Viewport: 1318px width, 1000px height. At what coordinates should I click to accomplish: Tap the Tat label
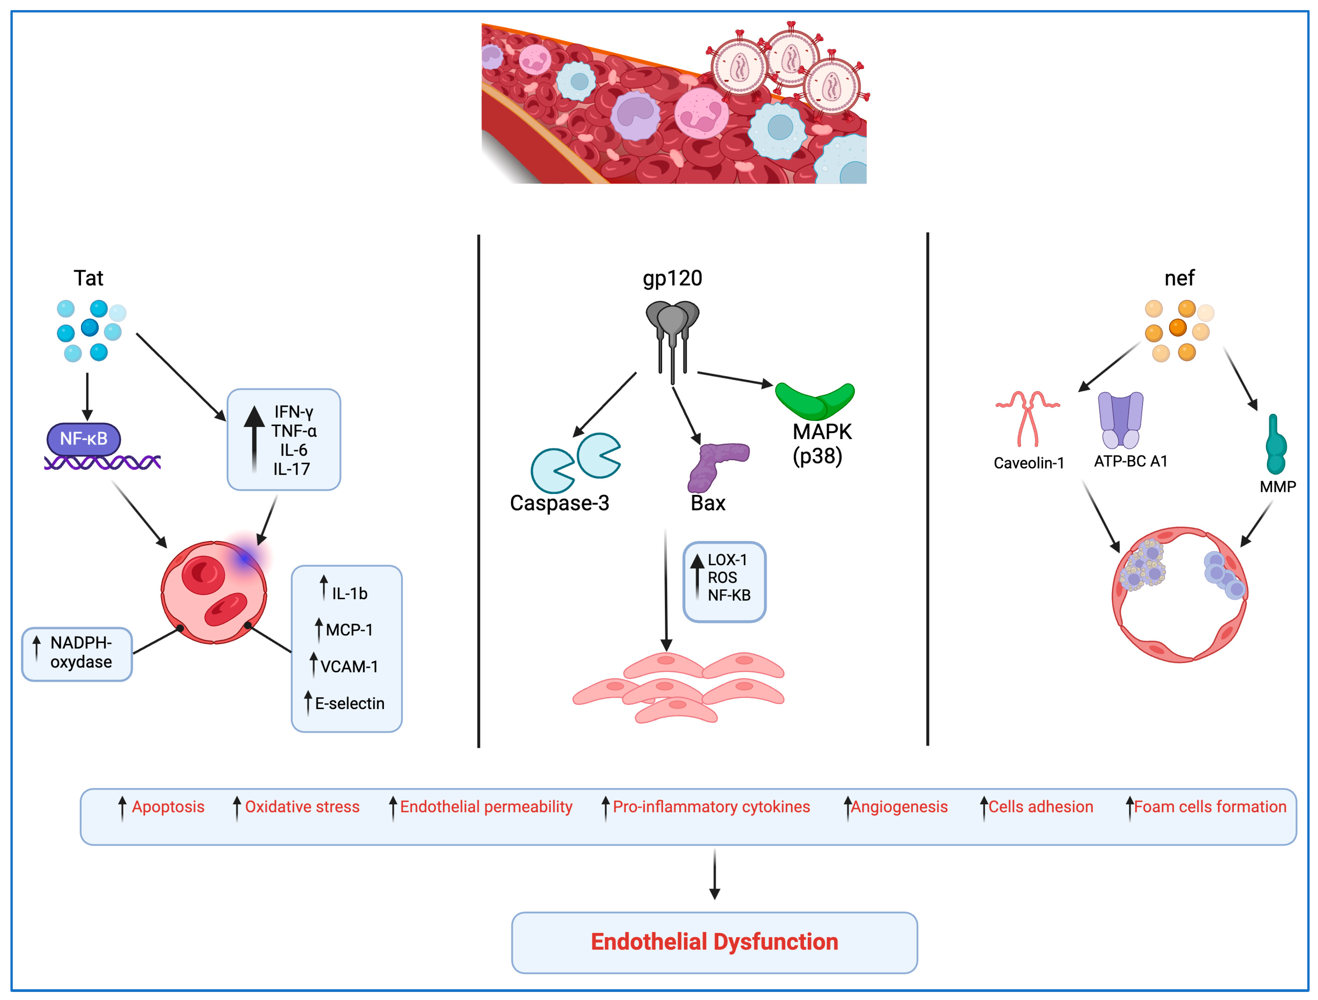pyautogui.click(x=88, y=278)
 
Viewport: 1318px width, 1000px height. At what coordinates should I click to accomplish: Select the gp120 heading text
pyautogui.click(x=672, y=278)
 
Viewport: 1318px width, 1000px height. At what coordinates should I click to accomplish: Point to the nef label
pyautogui.click(x=1179, y=278)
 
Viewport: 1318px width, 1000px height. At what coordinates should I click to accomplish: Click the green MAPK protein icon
pyautogui.click(x=814, y=401)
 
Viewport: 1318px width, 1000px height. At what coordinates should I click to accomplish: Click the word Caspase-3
pyautogui.click(x=559, y=503)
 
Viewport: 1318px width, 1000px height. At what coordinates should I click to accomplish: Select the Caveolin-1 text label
pyautogui.click(x=1029, y=463)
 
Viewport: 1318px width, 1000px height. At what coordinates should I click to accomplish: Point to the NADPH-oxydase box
pyautogui.click(x=77, y=653)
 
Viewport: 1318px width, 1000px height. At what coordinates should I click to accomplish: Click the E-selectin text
pyautogui.click(x=350, y=704)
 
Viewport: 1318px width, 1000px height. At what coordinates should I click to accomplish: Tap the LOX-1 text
pyautogui.click(x=727, y=560)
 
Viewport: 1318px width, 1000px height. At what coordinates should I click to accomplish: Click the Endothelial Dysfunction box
pyautogui.click(x=714, y=941)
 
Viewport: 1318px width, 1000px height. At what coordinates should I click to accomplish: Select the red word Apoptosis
pyautogui.click(x=168, y=807)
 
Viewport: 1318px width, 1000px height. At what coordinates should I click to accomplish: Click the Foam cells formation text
pyautogui.click(x=1209, y=807)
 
